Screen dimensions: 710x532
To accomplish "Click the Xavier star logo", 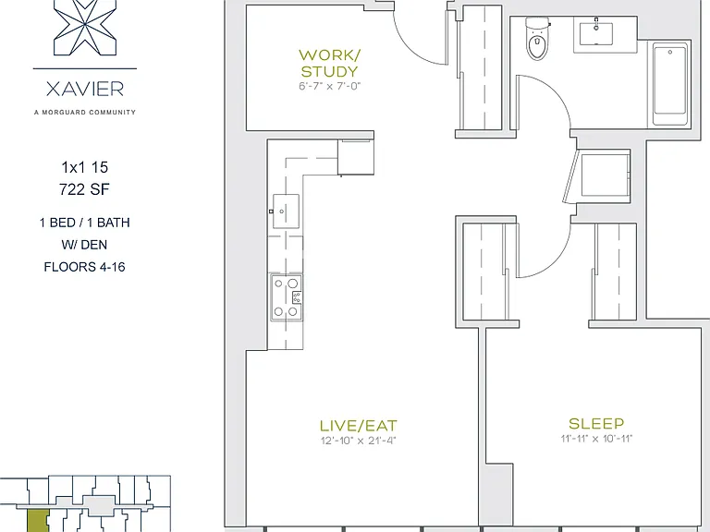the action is click(x=85, y=27).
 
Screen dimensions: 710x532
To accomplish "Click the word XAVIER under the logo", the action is click(x=85, y=89).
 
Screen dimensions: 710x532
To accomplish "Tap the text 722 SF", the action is click(x=85, y=189).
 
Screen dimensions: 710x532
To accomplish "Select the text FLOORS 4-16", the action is click(x=85, y=267).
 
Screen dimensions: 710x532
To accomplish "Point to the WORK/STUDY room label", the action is click(x=329, y=64).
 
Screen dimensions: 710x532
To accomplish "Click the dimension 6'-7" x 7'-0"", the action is click(x=329, y=86).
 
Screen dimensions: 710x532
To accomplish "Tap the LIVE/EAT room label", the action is click(x=358, y=426).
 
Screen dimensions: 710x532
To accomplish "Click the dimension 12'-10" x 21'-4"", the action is click(x=358, y=441).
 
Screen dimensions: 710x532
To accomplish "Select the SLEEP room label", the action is click(x=596, y=423).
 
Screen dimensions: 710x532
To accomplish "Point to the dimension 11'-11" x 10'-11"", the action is click(x=596, y=439).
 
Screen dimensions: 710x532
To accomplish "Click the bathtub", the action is click(x=670, y=85).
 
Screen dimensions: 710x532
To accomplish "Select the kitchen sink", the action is click(x=286, y=212).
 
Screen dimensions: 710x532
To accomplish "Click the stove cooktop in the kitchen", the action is click(x=287, y=297).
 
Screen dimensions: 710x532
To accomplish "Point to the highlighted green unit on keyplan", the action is click(x=38, y=520).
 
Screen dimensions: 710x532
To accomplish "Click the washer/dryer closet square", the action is click(x=606, y=175).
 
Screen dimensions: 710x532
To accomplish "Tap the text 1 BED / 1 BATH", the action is click(x=85, y=223).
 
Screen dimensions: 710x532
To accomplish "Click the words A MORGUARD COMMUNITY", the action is click(x=85, y=112).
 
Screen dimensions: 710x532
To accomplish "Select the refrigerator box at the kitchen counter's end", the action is click(x=356, y=157).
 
